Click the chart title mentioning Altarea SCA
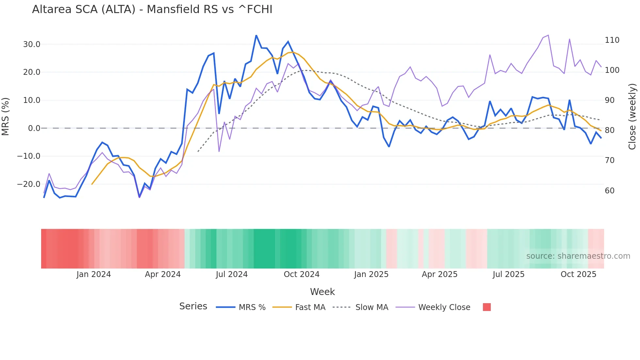[152, 9]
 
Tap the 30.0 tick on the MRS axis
[32, 44]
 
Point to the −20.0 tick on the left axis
[29, 184]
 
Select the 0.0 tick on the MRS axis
[34, 128]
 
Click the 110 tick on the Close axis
[612, 40]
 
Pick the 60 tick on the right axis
[610, 191]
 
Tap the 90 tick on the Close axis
[610, 100]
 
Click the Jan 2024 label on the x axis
[94, 274]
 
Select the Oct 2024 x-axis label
[301, 274]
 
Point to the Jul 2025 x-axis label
[508, 274]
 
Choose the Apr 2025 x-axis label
[440, 274]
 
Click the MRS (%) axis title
[6, 117]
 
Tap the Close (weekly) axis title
[632, 117]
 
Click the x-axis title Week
[322, 292]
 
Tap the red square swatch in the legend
[487, 307]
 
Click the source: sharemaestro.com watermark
[578, 256]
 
